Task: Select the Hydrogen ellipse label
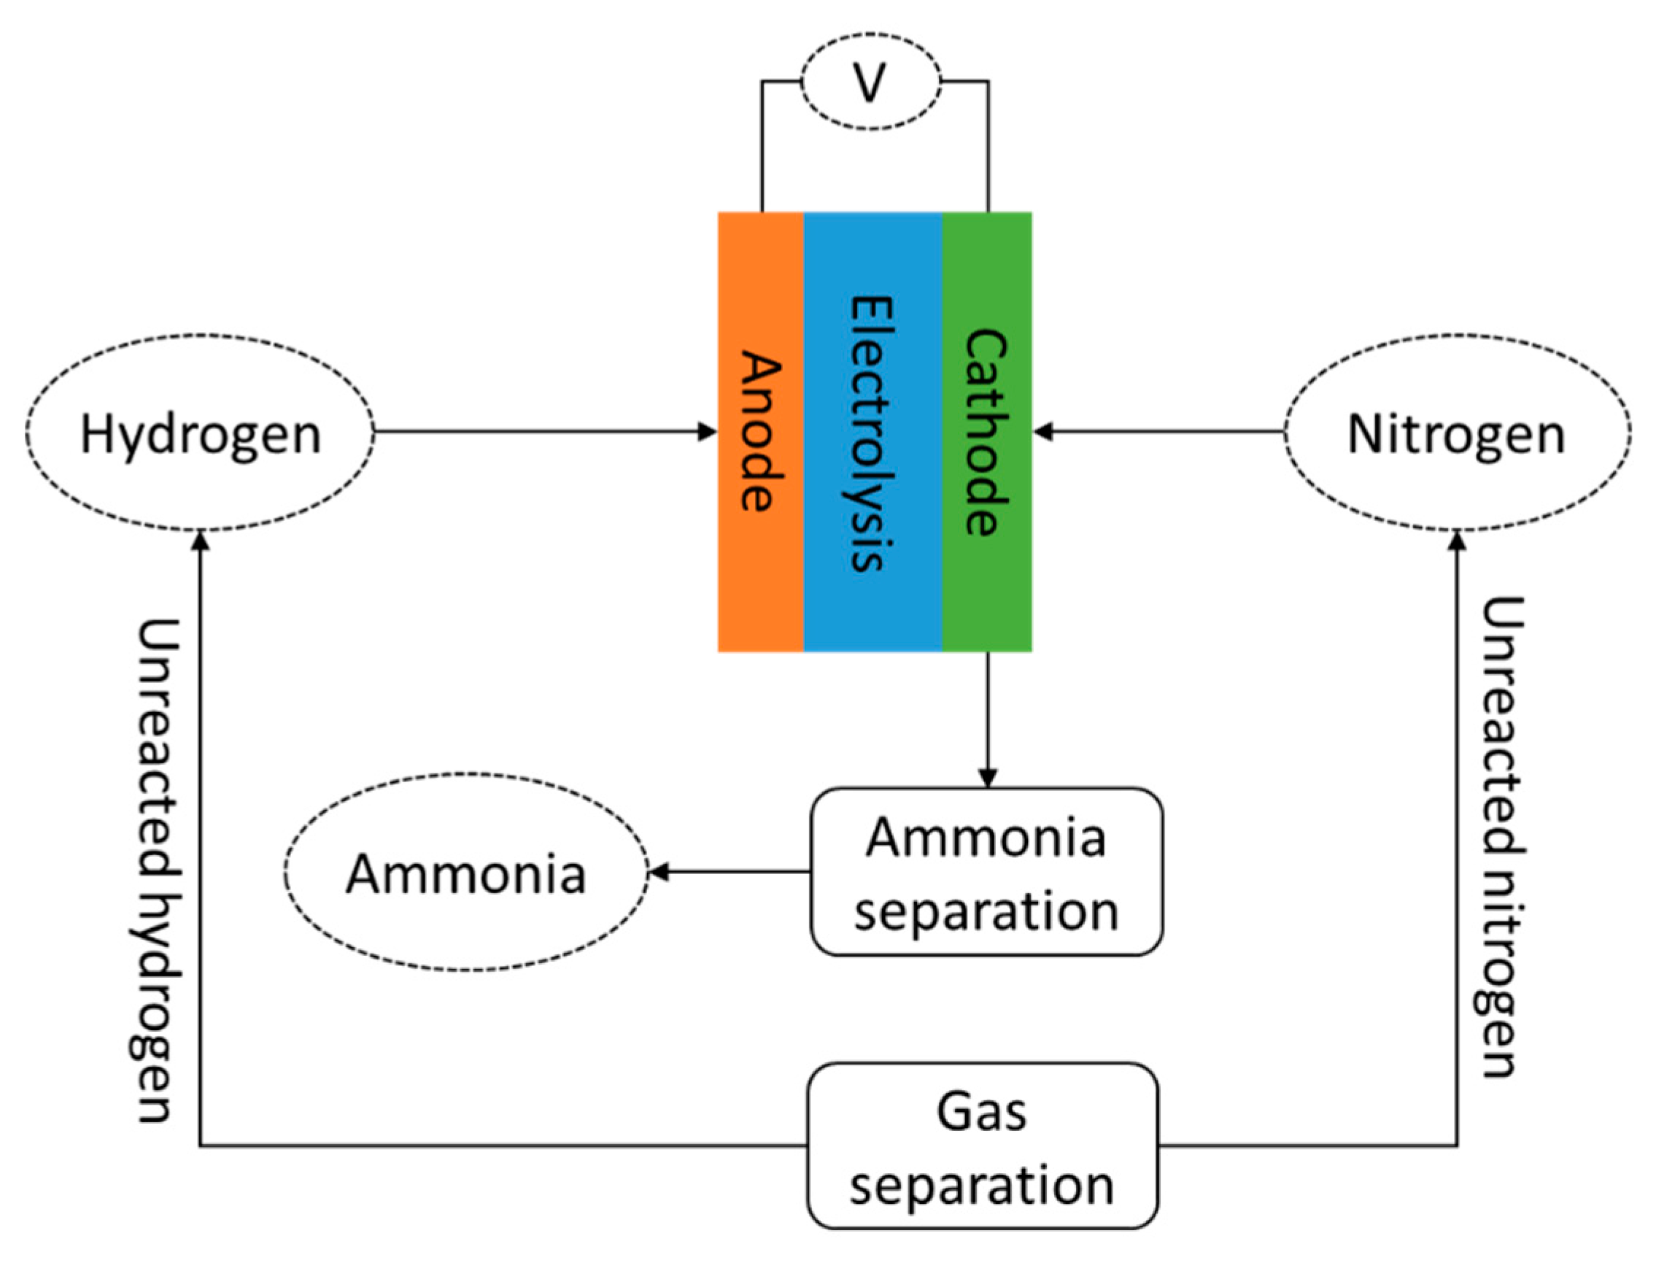point(200,435)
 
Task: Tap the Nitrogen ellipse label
point(1456,435)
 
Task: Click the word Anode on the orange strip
point(761,431)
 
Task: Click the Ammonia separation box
point(986,873)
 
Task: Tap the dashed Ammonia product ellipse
point(465,873)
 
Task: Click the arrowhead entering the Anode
point(708,431)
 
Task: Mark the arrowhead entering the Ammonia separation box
point(988,777)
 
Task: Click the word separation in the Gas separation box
point(982,1186)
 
